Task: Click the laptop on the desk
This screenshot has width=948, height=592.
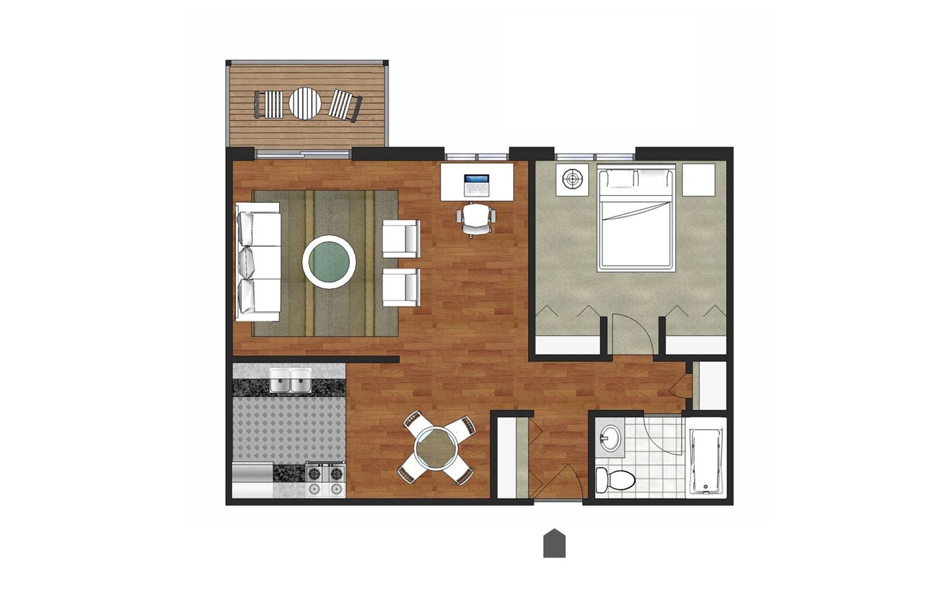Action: pyautogui.click(x=476, y=185)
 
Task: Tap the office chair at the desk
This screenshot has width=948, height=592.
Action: pyautogui.click(x=476, y=219)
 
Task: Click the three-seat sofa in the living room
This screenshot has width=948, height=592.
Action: pyautogui.click(x=258, y=262)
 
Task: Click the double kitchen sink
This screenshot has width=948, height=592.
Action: pyautogui.click(x=290, y=381)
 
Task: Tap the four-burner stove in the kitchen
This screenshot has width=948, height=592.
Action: pyautogui.click(x=325, y=480)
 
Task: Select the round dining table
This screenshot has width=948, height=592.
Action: pyautogui.click(x=436, y=448)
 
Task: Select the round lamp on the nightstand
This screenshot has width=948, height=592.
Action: pyautogui.click(x=572, y=179)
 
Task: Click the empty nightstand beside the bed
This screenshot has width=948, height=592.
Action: pyautogui.click(x=699, y=179)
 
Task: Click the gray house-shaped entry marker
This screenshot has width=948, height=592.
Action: pyautogui.click(x=554, y=544)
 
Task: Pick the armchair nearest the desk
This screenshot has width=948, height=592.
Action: pyautogui.click(x=401, y=238)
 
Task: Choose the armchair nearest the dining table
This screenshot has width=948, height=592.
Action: pyautogui.click(x=401, y=287)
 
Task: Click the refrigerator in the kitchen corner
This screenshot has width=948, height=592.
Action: pyautogui.click(x=252, y=481)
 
